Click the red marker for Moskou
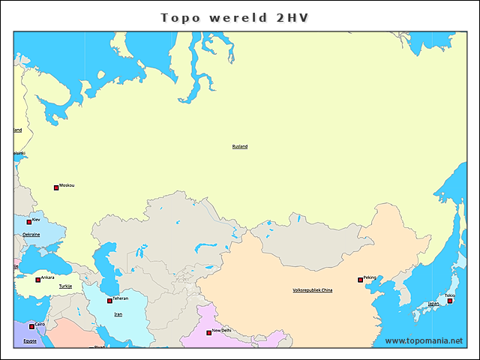[55, 187]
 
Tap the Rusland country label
[239, 146]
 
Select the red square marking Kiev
[29, 222]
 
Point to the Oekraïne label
[31, 235]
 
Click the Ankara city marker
[38, 280]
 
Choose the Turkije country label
[65, 286]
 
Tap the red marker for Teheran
[110, 301]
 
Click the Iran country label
[118, 314]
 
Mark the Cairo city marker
[31, 326]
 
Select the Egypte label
[29, 340]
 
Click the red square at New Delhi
[209, 332]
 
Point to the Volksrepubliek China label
[313, 289]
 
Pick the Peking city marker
[361, 280]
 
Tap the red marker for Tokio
[450, 300]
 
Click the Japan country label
[433, 304]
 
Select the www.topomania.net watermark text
[424, 340]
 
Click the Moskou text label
[67, 185]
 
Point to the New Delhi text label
[222, 330]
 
